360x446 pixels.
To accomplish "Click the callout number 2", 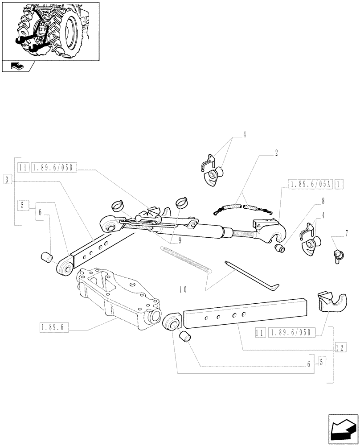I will (276, 153).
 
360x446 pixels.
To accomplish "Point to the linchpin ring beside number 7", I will (337, 256).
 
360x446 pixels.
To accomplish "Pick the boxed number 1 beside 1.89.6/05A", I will (339, 184).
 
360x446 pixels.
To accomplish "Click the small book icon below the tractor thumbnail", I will (16, 66).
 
